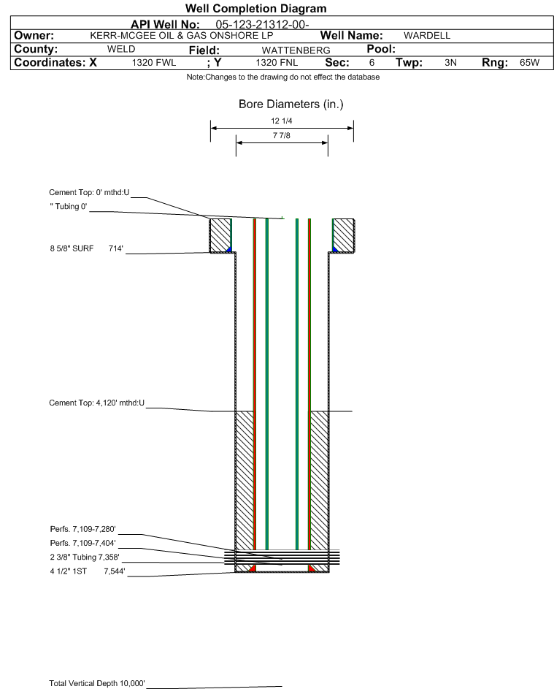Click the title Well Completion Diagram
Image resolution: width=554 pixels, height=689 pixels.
256,8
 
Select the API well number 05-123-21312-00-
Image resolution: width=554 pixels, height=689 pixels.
262,25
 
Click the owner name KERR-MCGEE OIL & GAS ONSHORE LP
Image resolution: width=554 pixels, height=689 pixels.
182,36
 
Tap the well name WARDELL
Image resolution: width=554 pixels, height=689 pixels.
427,36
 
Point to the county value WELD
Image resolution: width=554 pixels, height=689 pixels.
121,49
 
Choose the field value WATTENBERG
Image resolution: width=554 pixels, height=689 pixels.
296,50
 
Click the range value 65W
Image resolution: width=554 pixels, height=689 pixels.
529,62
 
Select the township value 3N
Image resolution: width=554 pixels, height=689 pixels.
450,62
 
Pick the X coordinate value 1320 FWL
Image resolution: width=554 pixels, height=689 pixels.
153,62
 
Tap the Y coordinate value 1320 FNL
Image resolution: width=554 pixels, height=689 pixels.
277,62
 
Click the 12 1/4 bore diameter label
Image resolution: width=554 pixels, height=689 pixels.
282,121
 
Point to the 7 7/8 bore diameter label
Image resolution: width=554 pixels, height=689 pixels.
282,135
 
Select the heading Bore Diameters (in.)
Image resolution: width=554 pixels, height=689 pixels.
291,104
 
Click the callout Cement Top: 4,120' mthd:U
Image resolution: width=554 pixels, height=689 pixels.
96,403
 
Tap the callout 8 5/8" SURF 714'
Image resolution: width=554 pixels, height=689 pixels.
86,248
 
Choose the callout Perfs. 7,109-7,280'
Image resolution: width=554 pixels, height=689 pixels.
83,529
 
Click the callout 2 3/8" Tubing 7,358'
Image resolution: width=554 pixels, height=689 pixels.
85,557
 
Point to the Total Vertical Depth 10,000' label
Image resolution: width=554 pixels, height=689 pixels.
97,683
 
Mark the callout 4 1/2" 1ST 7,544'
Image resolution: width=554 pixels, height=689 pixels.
88,571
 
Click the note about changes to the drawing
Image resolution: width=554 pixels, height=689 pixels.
282,77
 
